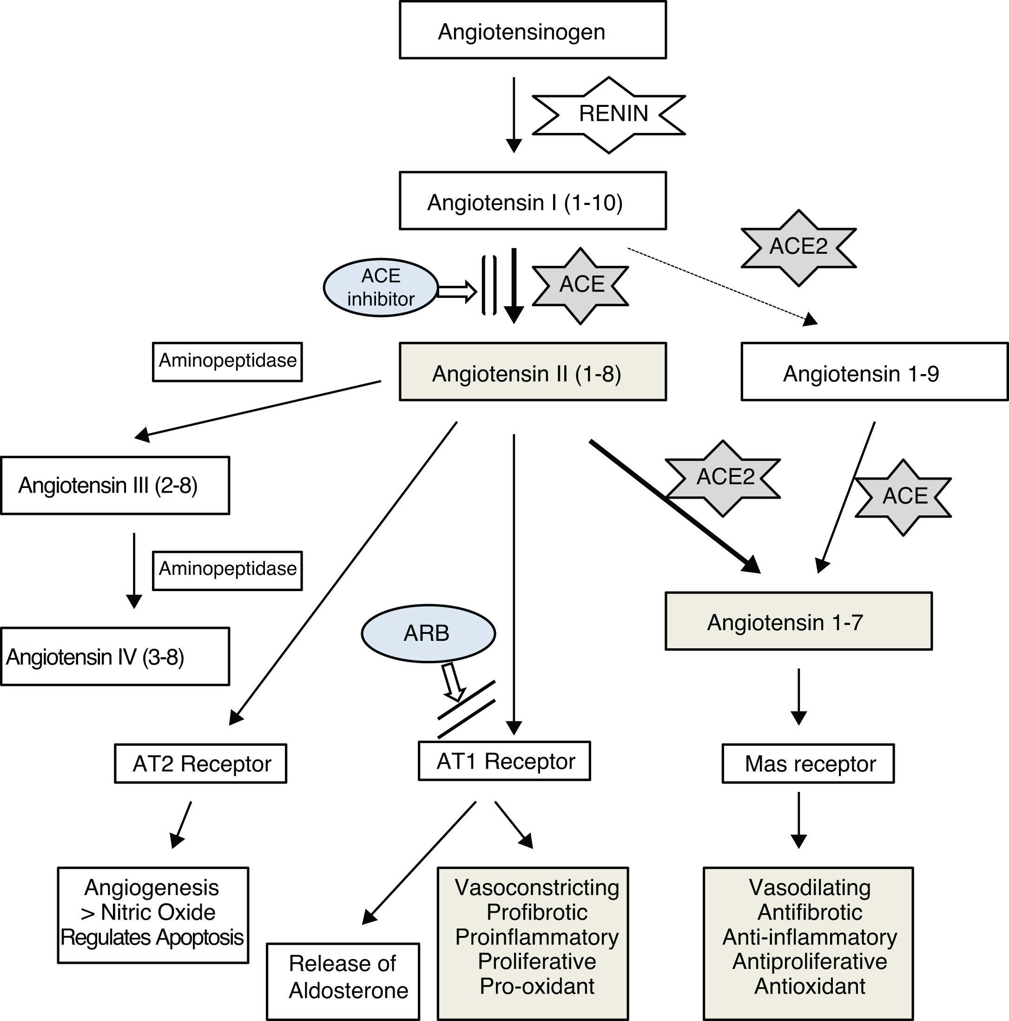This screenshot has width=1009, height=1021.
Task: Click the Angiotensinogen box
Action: pyautogui.click(x=532, y=30)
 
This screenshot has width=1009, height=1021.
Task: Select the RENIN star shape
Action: pyautogui.click(x=609, y=115)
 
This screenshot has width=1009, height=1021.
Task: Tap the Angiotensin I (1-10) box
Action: pyautogui.click(x=532, y=201)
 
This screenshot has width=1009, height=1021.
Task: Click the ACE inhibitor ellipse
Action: pyautogui.click(x=381, y=288)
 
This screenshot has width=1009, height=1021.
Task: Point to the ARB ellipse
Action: pyautogui.click(x=428, y=633)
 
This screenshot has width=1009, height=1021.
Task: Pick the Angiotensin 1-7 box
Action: pyautogui.click(x=798, y=621)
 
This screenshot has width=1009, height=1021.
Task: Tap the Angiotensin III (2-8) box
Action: pyautogui.click(x=115, y=485)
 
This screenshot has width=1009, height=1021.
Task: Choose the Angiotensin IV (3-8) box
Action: pyautogui.click(x=115, y=656)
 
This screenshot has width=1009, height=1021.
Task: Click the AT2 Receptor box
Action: pyautogui.click(x=200, y=764)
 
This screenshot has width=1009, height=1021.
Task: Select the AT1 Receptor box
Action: pyautogui.click(x=504, y=761)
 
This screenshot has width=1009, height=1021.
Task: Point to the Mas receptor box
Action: pyautogui.click(x=808, y=764)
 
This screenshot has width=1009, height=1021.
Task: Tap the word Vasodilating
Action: pyautogui.click(x=809, y=887)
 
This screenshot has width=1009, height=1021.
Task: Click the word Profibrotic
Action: pyautogui.click(x=536, y=912)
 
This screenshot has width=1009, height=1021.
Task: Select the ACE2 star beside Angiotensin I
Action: pyautogui.click(x=798, y=247)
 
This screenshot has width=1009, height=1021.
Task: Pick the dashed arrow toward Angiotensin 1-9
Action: pyautogui.click(x=721, y=285)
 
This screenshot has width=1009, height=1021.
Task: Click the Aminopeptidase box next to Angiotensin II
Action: pyautogui.click(x=227, y=362)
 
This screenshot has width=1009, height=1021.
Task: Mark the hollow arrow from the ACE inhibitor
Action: pyautogui.click(x=457, y=292)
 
